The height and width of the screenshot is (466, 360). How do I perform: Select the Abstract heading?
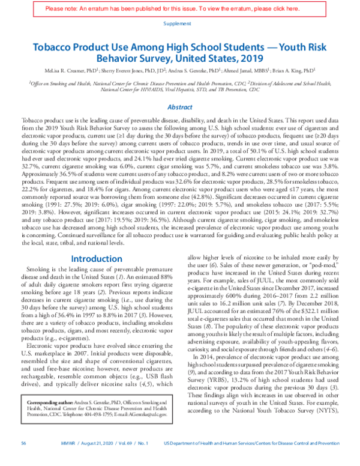(179, 107)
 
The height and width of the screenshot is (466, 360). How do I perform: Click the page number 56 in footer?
(23, 459)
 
